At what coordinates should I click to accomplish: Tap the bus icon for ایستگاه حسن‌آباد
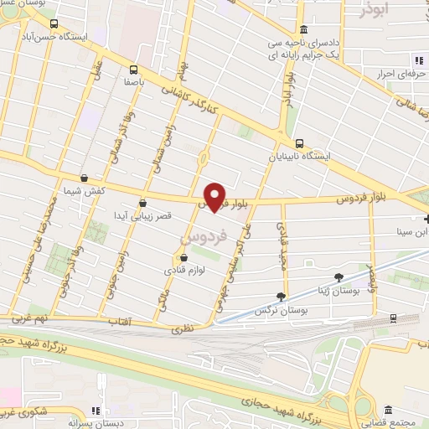coord(54,24)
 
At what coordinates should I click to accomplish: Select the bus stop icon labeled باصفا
coord(133,70)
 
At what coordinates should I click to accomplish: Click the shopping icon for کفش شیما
coord(84,178)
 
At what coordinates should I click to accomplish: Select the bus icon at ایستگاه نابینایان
coord(299,142)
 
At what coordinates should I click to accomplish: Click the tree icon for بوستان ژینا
coord(339,275)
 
